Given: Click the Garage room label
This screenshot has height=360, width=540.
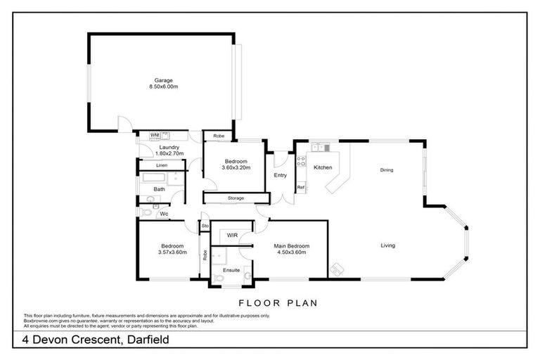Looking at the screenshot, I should [164, 80].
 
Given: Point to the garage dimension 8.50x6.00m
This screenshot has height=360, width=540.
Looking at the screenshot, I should [164, 86].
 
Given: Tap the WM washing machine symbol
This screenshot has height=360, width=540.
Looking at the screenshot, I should [155, 134].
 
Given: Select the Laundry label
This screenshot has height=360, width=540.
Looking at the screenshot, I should [169, 147].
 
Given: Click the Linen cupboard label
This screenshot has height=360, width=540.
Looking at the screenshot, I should [162, 165].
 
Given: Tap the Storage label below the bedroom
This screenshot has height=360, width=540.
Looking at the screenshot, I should [236, 198].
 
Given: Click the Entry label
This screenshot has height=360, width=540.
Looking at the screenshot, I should [280, 175].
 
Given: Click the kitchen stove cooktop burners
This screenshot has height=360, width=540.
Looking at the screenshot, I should [300, 162].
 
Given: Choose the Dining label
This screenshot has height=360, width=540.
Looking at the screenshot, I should [387, 170].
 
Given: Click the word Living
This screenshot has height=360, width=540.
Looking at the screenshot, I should [387, 245].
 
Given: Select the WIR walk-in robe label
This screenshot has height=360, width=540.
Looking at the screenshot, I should [231, 236].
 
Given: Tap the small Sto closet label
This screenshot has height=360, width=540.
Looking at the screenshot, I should [205, 226].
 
